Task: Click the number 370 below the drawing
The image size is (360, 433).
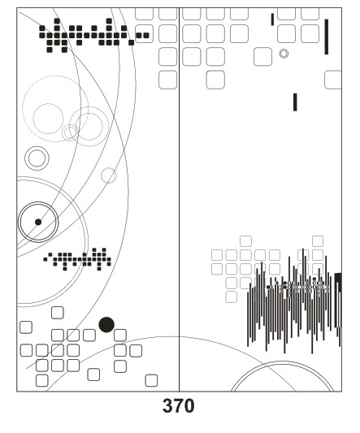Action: pyautogui.click(x=178, y=405)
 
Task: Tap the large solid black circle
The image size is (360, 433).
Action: pyautogui.click(x=106, y=324)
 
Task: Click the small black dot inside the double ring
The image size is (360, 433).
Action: pyautogui.click(x=38, y=222)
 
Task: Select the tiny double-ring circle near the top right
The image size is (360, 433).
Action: pyautogui.click(x=284, y=54)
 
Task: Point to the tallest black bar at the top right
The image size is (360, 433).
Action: pyautogui.click(x=327, y=37)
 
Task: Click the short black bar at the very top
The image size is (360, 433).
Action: pyautogui.click(x=272, y=19)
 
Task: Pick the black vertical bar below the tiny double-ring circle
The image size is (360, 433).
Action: pyautogui.click(x=295, y=102)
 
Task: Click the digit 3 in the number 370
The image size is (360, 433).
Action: pyautogui.click(x=167, y=405)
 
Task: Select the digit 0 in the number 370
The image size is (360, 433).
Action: pyautogui.click(x=189, y=405)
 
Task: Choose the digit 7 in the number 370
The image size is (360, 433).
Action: pyautogui.click(x=179, y=405)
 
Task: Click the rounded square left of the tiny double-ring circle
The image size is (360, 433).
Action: pyautogui.click(x=262, y=57)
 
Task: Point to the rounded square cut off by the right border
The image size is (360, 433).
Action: pyautogui.click(x=333, y=80)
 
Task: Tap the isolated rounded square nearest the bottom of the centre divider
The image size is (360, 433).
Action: pyautogui.click(x=151, y=380)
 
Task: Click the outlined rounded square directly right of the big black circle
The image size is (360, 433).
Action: pyautogui.click(x=120, y=335)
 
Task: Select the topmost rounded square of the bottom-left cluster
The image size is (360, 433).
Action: pyautogui.click(x=58, y=313)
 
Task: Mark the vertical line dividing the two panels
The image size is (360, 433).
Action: pyautogui.click(x=179, y=199)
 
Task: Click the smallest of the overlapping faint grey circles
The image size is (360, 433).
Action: pyautogui.click(x=70, y=132)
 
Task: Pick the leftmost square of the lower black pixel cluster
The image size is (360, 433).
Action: pyautogui.click(x=46, y=259)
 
